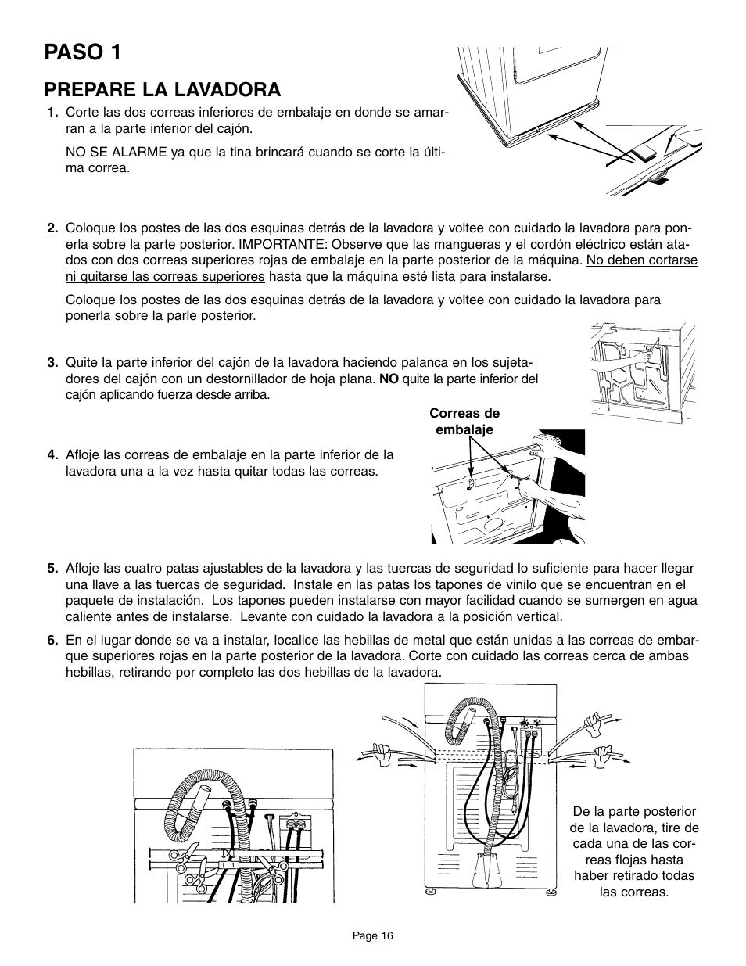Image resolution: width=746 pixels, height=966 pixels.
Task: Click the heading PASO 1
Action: (83, 52)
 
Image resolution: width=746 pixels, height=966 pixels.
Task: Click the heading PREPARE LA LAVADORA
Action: (163, 89)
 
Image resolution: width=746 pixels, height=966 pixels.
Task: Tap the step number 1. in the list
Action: (53, 113)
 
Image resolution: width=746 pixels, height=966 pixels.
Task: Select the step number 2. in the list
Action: (53, 228)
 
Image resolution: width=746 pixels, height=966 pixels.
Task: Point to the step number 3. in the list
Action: (53, 362)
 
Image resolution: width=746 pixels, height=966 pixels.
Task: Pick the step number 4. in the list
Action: (53, 454)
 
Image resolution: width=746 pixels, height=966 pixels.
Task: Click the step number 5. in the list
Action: (53, 568)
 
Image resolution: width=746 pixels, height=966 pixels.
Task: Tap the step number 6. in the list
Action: (53, 640)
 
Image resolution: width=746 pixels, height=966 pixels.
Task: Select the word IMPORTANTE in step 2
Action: (281, 245)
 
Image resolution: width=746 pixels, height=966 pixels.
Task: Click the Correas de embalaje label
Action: (464, 422)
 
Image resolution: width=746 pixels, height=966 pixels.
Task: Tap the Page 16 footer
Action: (373, 935)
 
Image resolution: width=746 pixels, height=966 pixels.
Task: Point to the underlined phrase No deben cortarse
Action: (642, 260)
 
